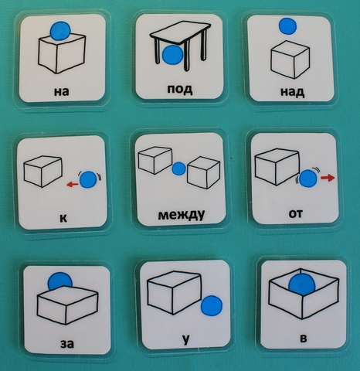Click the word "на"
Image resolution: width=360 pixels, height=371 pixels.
(x=62, y=92)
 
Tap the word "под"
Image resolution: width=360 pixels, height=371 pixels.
(x=180, y=89)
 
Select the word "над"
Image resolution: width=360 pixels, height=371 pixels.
(x=292, y=92)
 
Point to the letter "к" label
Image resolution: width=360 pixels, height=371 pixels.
(x=63, y=218)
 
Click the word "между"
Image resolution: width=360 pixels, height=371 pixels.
(x=182, y=215)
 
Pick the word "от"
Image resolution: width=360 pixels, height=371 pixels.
(x=296, y=213)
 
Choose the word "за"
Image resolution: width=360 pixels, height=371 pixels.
(x=67, y=344)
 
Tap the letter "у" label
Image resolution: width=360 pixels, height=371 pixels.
(x=185, y=340)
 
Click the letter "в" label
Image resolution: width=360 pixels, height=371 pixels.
(x=304, y=338)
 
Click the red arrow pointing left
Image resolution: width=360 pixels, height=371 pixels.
(x=73, y=184)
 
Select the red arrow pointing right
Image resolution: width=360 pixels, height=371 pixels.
(x=328, y=178)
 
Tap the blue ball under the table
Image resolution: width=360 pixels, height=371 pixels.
(x=173, y=55)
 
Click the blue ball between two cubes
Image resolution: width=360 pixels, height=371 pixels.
(x=178, y=168)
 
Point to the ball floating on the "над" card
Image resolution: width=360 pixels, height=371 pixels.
(x=287, y=26)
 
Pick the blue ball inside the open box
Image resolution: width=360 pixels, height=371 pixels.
(x=302, y=284)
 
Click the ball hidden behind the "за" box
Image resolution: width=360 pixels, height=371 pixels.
(x=59, y=281)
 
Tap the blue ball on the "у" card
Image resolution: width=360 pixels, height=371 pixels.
(x=212, y=305)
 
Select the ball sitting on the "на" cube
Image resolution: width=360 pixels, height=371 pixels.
(x=60, y=31)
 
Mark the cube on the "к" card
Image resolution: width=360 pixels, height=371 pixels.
(x=42, y=171)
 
